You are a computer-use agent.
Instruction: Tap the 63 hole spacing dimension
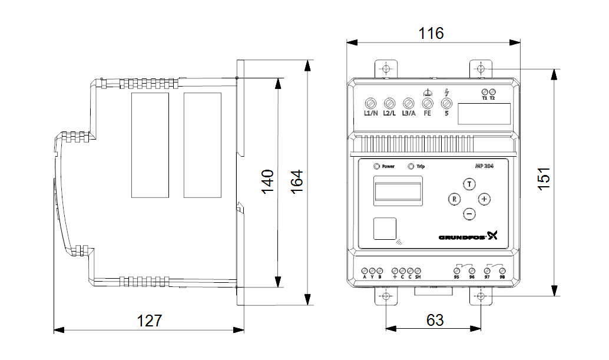pyautogui.click(x=435, y=320)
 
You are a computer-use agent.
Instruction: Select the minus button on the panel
pyautogui.click(x=469, y=214)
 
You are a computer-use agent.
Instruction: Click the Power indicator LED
pyautogui.click(x=376, y=166)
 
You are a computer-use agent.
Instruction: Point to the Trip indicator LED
pyautogui.click(x=411, y=166)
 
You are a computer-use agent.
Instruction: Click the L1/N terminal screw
pyautogui.click(x=370, y=102)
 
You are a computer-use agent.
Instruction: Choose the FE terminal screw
pyautogui.click(x=428, y=102)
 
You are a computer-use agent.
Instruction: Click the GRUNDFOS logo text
pyautogui.click(x=462, y=237)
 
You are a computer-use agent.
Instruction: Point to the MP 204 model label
pyautogui.click(x=484, y=166)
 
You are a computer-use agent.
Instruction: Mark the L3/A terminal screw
pyautogui.click(x=408, y=102)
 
